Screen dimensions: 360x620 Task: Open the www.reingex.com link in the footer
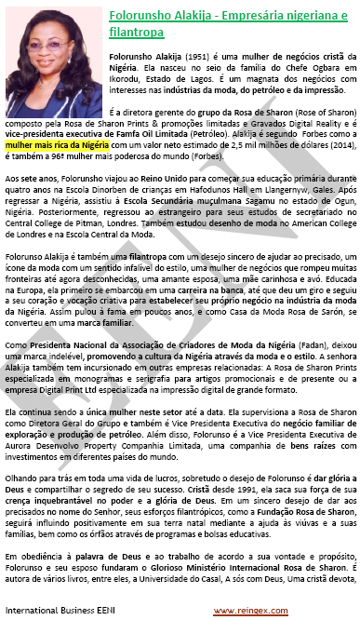[243, 610]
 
